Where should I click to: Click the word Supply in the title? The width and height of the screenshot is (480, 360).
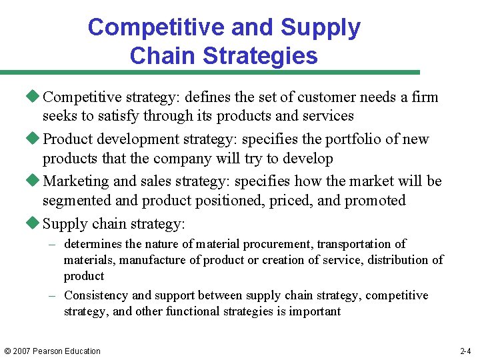click(x=321, y=27)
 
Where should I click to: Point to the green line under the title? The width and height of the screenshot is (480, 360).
click(x=210, y=72)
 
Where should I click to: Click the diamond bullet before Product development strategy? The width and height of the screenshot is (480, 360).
click(x=35, y=139)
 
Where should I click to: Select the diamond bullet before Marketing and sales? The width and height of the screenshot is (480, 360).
click(x=35, y=181)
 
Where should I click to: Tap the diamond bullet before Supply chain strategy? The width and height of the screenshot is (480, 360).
click(x=35, y=223)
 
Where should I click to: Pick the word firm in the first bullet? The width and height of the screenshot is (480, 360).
click(x=425, y=97)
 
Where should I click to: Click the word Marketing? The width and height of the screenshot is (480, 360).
click(x=75, y=181)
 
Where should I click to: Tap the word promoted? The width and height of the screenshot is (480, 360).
click(x=373, y=201)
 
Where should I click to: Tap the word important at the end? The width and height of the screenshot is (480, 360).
click(x=315, y=311)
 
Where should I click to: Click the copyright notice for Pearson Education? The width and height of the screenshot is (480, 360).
click(x=52, y=351)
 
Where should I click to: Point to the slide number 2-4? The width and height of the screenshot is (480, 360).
click(x=465, y=351)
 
